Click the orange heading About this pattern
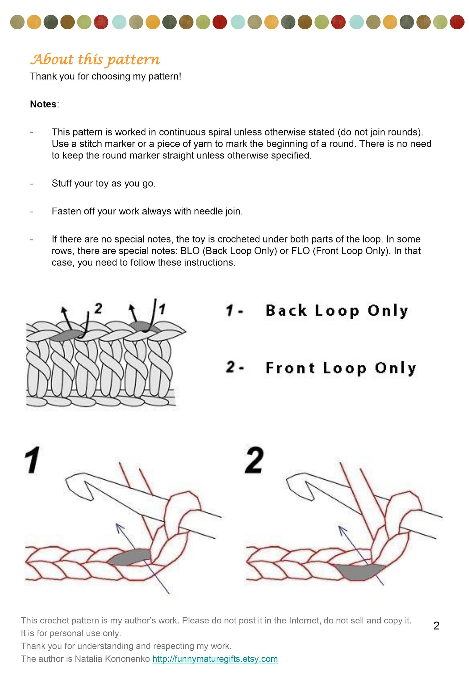point(95,59)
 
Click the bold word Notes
point(43,104)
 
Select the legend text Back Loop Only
point(337,311)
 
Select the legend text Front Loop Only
point(341,368)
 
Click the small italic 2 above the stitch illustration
point(98,308)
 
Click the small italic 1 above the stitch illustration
point(162,309)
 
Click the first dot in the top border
point(17,22)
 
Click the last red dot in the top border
point(457,22)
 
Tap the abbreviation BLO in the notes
point(190,251)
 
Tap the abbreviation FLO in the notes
point(300,251)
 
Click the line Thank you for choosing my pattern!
point(105,76)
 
